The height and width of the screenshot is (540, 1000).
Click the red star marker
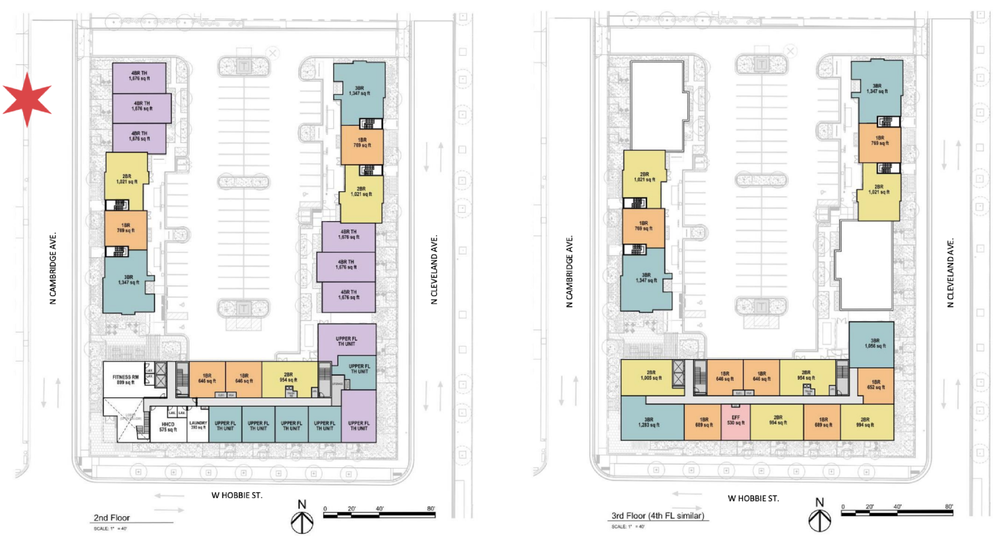coord(27,99)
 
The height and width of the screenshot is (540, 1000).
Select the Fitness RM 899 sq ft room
coord(125,379)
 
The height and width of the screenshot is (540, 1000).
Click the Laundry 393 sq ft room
coord(198,426)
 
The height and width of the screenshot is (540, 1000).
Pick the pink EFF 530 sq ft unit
coord(735,420)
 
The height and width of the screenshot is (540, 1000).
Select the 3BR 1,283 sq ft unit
coord(648,422)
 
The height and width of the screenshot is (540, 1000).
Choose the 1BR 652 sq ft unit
coord(875,385)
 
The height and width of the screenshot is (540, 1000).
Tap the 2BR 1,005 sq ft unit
coord(651,375)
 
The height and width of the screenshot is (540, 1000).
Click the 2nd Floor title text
coord(112,518)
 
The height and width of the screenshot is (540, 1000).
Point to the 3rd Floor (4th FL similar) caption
coord(658,516)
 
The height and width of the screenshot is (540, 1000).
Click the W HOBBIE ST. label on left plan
coord(237,495)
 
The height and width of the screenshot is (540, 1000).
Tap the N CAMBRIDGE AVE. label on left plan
coord(53,269)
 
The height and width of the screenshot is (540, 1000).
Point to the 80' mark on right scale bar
coord(948,506)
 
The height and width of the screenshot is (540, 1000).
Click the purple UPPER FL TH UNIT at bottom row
coord(359,426)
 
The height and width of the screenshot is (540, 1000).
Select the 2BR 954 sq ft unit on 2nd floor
coord(288,377)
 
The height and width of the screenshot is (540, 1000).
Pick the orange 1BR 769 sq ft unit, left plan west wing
coord(125,228)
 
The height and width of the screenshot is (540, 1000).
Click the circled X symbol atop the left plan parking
coord(272,53)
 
